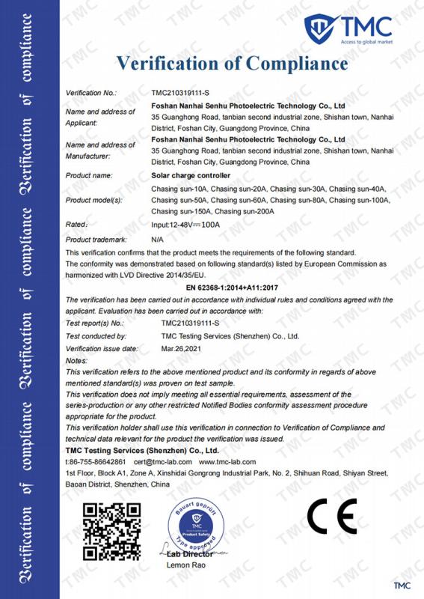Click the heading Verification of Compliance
coord(233,62)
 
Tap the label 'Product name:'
coord(89,175)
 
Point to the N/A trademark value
coord(157,239)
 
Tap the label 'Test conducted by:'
coord(96,337)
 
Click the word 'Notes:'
coord(77,361)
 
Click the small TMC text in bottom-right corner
coord(402,583)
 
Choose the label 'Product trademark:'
coord(95,239)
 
